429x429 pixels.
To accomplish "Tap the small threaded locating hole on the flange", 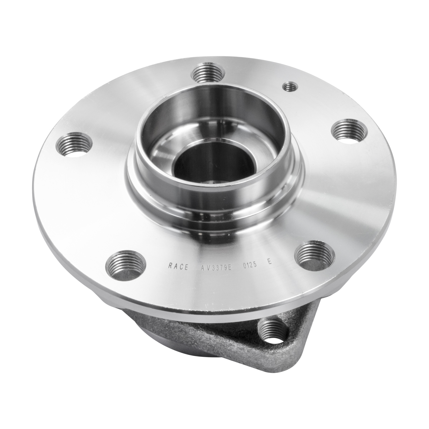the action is pos(289,87).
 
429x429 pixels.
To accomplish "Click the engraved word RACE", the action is pos(178,266).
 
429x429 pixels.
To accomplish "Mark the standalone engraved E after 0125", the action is pos(270,262).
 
